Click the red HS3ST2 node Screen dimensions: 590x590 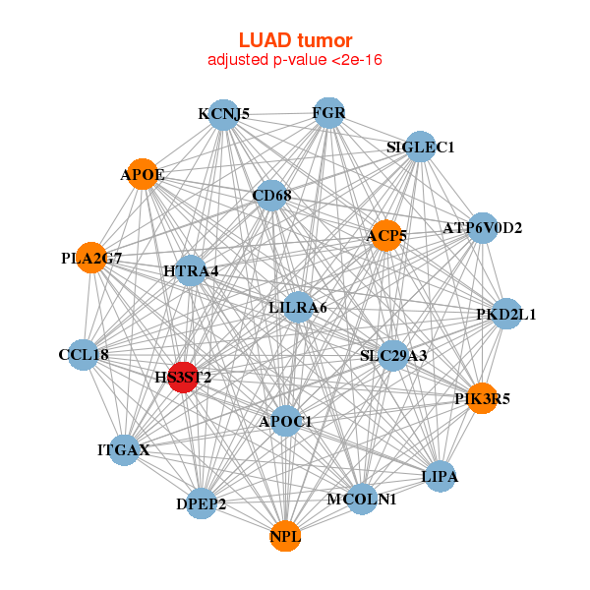183,378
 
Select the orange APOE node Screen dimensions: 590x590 144,174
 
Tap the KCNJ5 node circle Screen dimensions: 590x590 223,114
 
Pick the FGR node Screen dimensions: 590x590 328,113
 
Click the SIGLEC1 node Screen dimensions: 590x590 420,147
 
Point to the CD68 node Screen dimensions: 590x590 270,195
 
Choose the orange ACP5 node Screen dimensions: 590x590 386,235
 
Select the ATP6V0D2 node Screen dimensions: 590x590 483,228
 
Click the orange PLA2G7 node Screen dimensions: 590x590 92,259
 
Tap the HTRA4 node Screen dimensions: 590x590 191,270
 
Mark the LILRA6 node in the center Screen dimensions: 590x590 298,307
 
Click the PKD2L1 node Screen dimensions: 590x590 506,315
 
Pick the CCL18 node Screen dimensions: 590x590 84,354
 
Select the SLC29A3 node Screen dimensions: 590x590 393,355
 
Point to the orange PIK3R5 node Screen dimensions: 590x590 482,398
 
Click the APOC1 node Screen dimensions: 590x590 285,421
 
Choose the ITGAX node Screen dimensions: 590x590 124,450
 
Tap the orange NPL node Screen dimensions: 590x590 285,536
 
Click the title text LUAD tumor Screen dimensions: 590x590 295,40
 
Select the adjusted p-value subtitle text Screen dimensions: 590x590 295,60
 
